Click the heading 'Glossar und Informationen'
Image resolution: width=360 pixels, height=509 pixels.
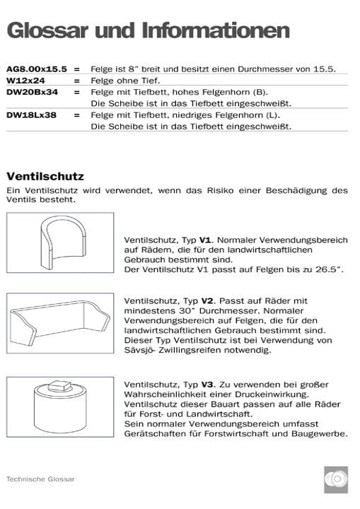point(147,30)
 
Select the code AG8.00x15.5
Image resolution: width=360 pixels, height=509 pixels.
point(37,69)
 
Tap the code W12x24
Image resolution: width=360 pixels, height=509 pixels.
point(27,81)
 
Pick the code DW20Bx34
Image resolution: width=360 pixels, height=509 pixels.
point(32,92)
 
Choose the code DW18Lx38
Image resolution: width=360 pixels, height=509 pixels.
point(32,115)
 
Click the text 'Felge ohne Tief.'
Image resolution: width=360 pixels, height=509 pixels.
point(122,81)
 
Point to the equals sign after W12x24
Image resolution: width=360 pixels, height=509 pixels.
point(76,81)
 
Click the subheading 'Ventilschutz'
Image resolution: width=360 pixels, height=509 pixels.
point(45,175)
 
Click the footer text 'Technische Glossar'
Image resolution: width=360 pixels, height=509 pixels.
point(40,479)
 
